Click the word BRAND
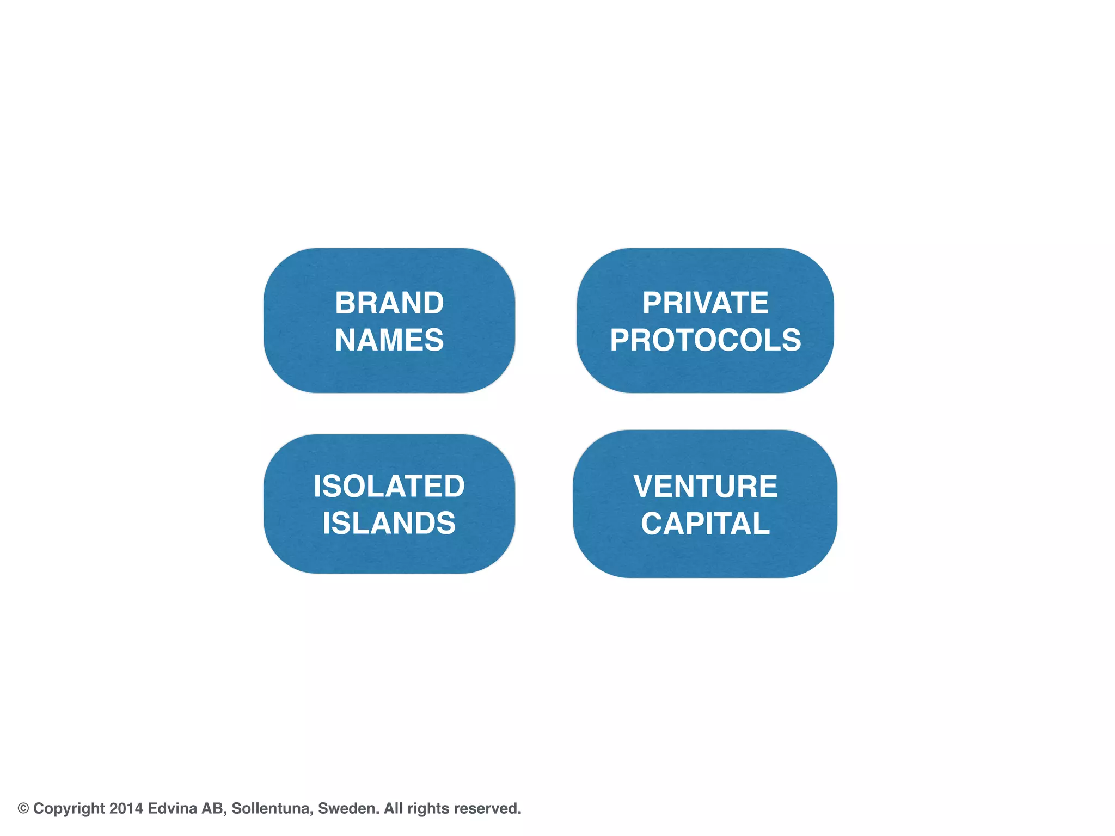[389, 303]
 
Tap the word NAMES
[389, 340]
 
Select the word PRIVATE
[705, 303]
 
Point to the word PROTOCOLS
[705, 340]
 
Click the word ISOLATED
[389, 486]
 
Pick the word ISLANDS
[389, 523]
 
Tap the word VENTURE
[705, 486]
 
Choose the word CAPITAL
[705, 524]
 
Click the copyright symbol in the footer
[23, 808]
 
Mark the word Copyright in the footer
[69, 809]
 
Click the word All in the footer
[393, 808]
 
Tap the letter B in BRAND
[345, 303]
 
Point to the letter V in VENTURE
[644, 486]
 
